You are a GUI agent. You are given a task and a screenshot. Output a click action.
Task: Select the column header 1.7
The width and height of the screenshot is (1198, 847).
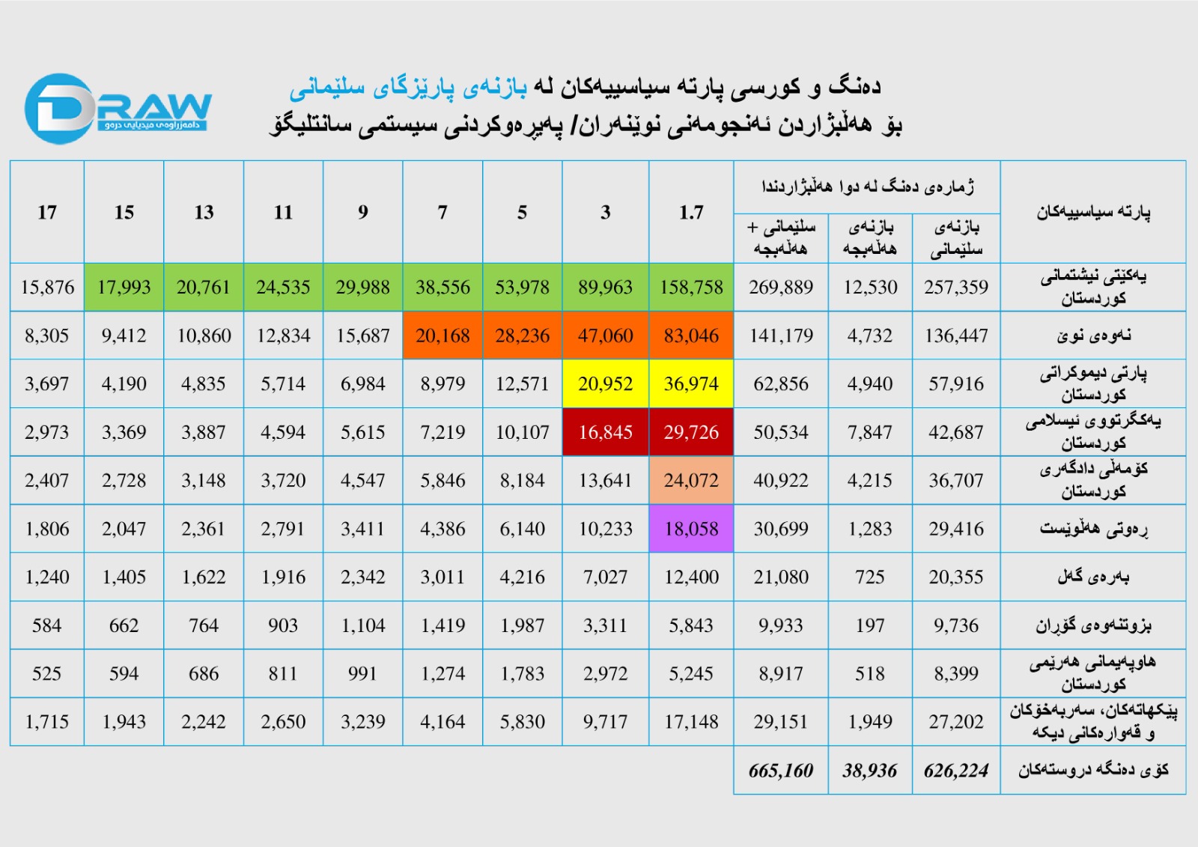691,213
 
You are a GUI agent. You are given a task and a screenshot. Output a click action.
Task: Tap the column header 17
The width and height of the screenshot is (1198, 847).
47,213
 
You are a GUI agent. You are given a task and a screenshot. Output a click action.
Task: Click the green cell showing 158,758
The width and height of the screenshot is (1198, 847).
691,288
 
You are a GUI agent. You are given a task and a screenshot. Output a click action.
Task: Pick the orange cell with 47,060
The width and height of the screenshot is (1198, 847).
605,336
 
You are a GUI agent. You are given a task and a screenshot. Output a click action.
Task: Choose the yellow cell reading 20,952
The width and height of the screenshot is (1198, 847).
605,384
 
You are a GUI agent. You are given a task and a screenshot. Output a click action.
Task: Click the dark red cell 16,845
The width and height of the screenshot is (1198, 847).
605,432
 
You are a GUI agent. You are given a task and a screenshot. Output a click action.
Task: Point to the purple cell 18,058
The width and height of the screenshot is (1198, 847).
691,529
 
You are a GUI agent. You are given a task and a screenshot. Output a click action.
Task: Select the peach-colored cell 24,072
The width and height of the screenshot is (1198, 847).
691,480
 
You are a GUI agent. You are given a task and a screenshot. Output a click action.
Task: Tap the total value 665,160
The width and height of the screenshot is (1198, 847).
780,771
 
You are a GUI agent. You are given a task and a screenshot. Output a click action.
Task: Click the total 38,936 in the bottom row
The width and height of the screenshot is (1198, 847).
869,771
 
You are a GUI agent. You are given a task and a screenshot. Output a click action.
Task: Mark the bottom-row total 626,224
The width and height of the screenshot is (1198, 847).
956,771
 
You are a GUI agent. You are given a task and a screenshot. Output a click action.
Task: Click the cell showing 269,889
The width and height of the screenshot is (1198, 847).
780,288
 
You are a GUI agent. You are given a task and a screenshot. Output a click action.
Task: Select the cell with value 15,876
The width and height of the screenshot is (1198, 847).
47,288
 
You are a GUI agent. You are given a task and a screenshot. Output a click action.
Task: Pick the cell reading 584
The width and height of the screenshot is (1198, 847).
47,625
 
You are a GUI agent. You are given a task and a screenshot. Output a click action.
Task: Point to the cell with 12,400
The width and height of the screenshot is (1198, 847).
691,577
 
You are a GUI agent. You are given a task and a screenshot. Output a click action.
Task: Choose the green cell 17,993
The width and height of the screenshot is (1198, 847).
124,288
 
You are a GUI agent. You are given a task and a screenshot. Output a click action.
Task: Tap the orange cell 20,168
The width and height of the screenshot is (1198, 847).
443,336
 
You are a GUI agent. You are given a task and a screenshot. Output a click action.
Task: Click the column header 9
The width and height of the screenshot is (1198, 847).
363,213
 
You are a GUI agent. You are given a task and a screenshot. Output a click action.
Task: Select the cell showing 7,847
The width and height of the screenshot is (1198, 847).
869,432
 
